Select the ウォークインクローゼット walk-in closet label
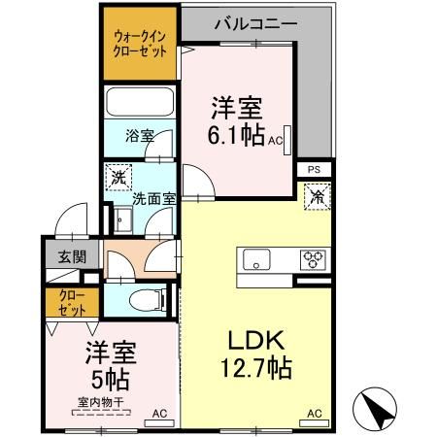tap(139, 45)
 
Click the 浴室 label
tap(139, 137)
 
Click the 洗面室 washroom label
tap(153, 198)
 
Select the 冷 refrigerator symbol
tap(317, 195)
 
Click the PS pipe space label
tap(314, 169)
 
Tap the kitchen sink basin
tap(258, 259)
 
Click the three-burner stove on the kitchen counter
tap(313, 259)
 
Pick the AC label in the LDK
tap(314, 414)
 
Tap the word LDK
tap(254, 341)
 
